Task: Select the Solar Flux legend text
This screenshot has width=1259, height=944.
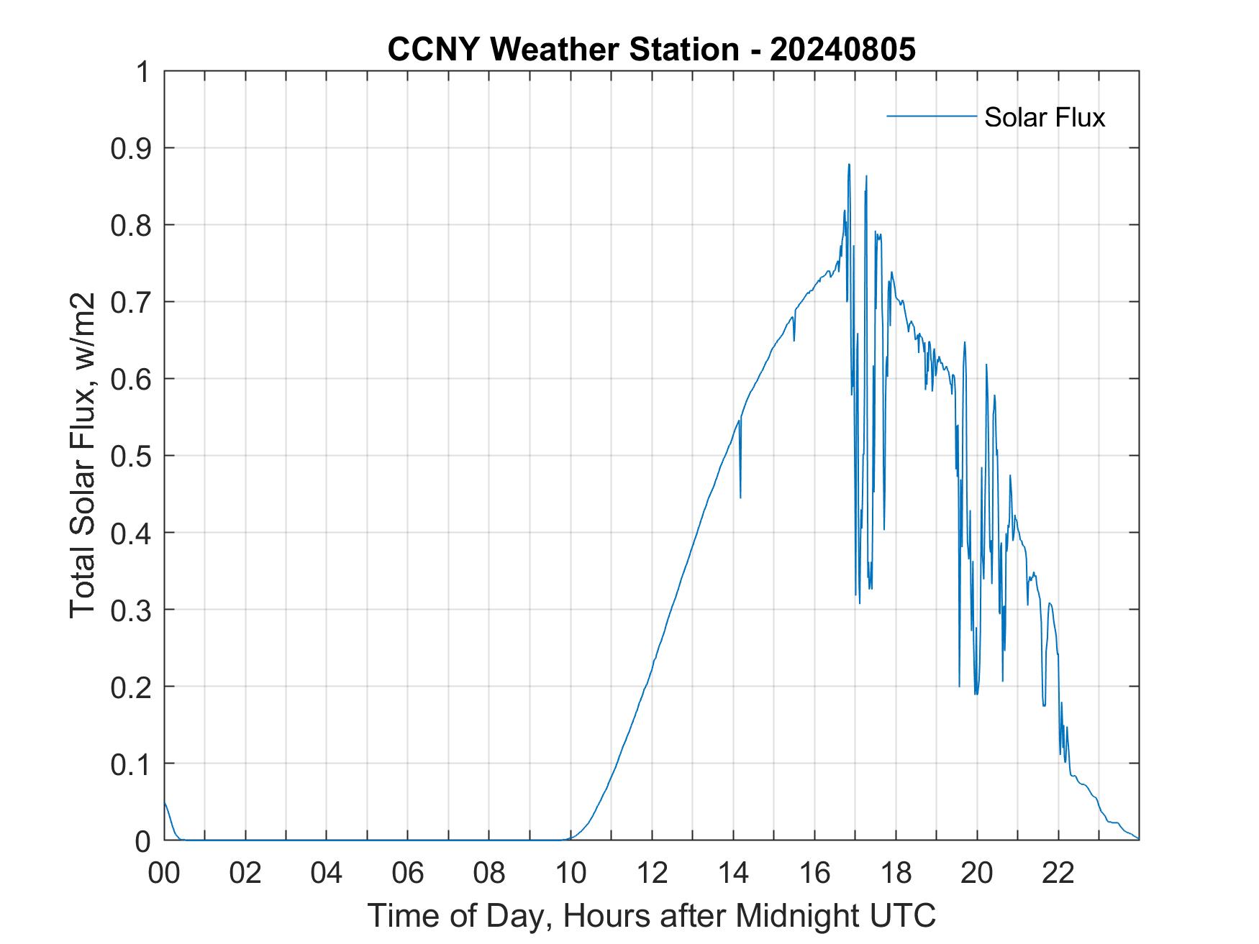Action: pyautogui.click(x=1044, y=117)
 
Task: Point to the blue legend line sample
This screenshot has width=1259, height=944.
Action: pyautogui.click(x=931, y=116)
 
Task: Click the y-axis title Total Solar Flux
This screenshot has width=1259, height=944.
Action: pyautogui.click(x=83, y=455)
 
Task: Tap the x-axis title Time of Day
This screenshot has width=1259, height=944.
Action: pyautogui.click(x=651, y=916)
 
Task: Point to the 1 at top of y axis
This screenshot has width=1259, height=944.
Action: pyautogui.click(x=145, y=72)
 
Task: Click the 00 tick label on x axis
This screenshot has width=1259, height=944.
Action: pyautogui.click(x=164, y=873)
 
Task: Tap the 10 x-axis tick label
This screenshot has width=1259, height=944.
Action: pyautogui.click(x=571, y=873)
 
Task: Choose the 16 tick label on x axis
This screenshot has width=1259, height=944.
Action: pyautogui.click(x=814, y=873)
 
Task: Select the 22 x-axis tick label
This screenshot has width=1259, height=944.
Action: pyautogui.click(x=1058, y=873)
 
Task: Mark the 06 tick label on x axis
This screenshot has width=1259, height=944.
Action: pyautogui.click(x=408, y=873)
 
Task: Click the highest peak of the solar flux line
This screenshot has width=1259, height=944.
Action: pyautogui.click(x=849, y=165)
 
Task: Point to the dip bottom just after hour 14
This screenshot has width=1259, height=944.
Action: pyautogui.click(x=740, y=497)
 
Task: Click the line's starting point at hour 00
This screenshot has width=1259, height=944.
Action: pyautogui.click(x=165, y=802)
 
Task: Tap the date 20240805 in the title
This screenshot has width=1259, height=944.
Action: pyautogui.click(x=842, y=50)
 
